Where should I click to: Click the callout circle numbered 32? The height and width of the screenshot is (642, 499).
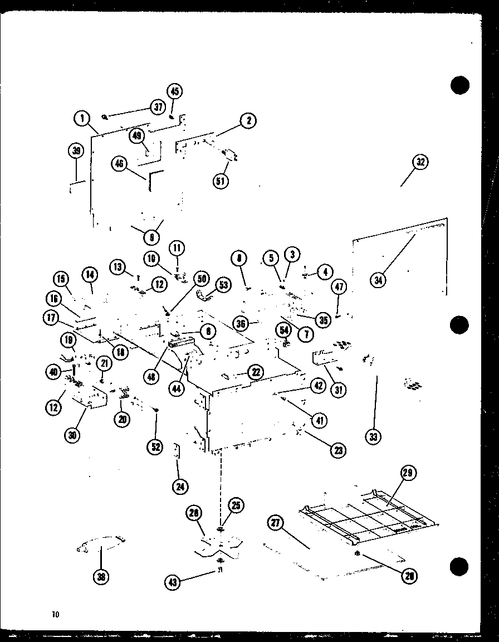pyautogui.click(x=420, y=163)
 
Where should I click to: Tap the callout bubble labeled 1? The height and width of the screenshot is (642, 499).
pyautogui.click(x=82, y=118)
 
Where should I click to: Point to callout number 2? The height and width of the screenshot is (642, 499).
pyautogui.click(x=248, y=120)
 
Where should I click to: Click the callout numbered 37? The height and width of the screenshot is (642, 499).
pyautogui.click(x=159, y=108)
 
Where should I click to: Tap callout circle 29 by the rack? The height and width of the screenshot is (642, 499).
pyautogui.click(x=408, y=474)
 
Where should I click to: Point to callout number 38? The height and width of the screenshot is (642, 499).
pyautogui.click(x=101, y=577)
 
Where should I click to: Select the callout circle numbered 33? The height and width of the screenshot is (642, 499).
pyautogui.click(x=373, y=436)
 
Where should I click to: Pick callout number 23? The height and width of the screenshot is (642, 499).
pyautogui.click(x=337, y=451)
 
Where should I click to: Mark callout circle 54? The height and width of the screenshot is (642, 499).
pyautogui.click(x=285, y=330)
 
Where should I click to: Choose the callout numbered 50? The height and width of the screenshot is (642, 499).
pyautogui.click(x=202, y=279)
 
